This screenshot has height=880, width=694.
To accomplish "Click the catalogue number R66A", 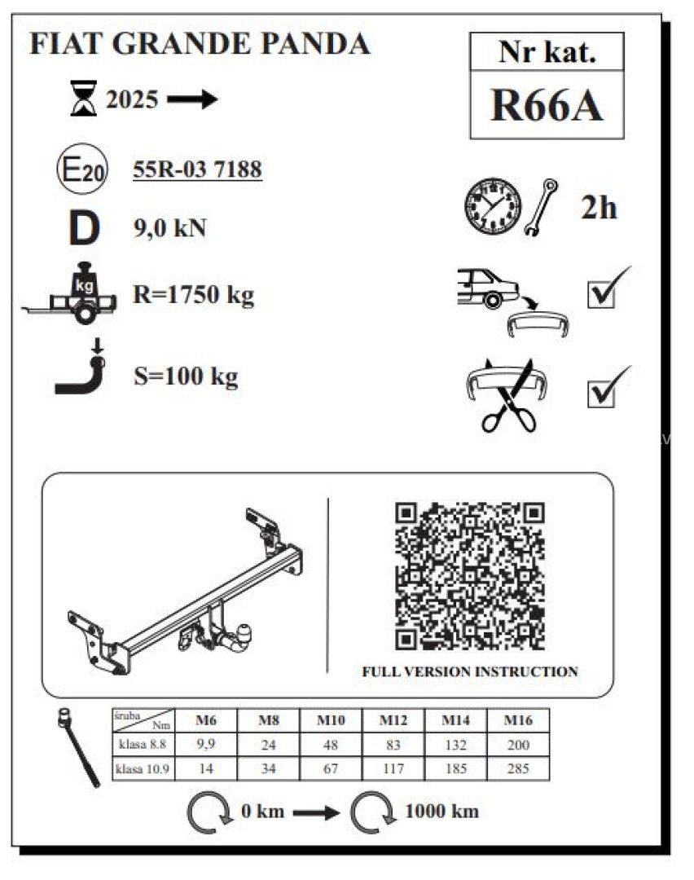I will [547, 105].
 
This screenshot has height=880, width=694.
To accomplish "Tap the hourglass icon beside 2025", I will [83, 101].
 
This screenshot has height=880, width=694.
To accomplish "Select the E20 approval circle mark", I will [79, 170].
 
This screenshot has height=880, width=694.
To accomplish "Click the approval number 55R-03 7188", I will [197, 169].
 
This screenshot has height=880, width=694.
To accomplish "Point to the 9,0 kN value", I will [169, 229].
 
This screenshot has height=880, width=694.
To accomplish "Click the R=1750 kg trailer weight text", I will [193, 295].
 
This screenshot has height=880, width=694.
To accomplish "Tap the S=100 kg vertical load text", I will [186, 377].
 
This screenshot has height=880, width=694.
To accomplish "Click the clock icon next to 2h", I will [493, 206].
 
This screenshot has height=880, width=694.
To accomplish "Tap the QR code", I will [470, 575].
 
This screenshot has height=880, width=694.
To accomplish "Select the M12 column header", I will [393, 720].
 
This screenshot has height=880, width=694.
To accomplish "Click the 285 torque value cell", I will [518, 768].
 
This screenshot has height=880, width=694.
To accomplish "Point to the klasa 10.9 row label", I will [143, 768].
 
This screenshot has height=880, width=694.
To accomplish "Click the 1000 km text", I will [441, 812].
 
